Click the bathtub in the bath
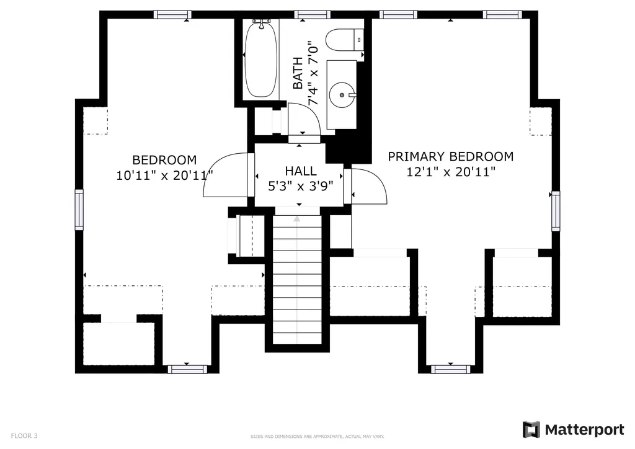pos(261,59)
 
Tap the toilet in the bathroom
pos(344,40)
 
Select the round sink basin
pos(342,95)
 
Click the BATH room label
pos(298,73)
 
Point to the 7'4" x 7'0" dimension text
pos(313,73)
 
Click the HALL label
pos(301,171)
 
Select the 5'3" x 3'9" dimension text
pos(301,186)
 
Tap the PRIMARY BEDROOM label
pos(451,157)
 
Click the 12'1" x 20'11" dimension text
pos(451,172)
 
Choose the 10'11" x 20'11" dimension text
pos(165,176)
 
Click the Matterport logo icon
pos(531,430)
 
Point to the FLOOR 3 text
pos(24,436)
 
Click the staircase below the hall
pos(297,279)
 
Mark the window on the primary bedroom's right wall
pos(556,211)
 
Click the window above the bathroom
pos(313,15)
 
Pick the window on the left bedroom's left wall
pos(79,210)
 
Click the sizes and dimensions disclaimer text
pos(317,437)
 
